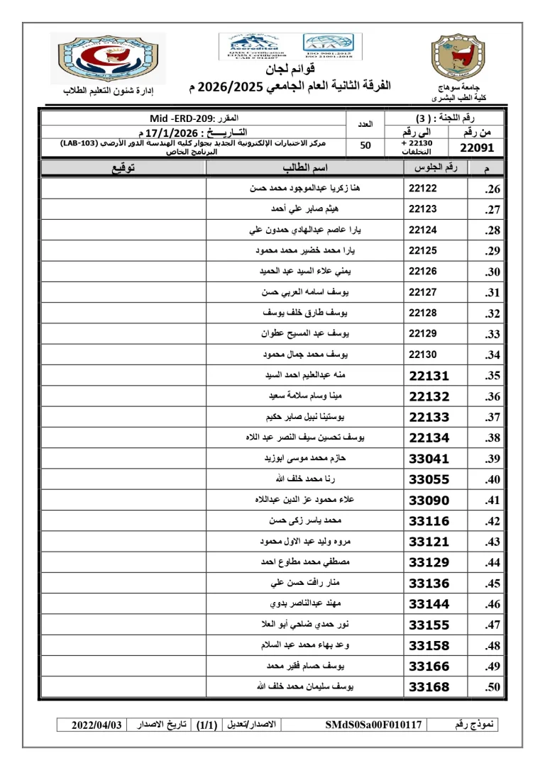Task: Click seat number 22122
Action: pyautogui.click(x=423, y=189)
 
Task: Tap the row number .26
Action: pyautogui.click(x=492, y=189)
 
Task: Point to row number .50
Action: pyautogui.click(x=492, y=687)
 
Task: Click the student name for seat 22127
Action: pyautogui.click(x=309, y=292)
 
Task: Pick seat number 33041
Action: pyautogui.click(x=429, y=459)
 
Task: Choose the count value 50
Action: pyautogui.click(x=365, y=146)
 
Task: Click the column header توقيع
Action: pyautogui.click(x=122, y=168)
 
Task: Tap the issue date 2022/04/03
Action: pyautogui.click(x=97, y=725)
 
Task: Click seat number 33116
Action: pyautogui.click(x=429, y=521)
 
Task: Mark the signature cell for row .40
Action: pyautogui.click(x=122, y=479)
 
